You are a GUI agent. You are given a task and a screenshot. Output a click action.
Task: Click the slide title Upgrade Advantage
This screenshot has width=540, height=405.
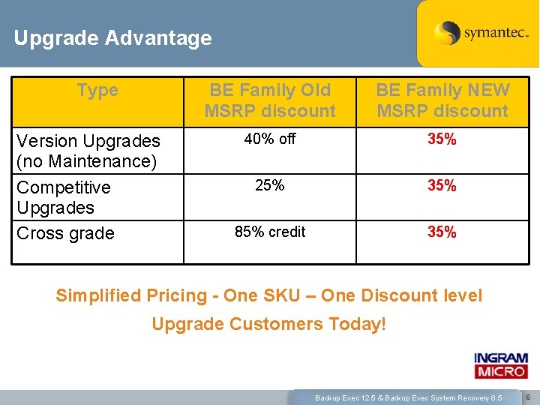pyautogui.click(x=112, y=37)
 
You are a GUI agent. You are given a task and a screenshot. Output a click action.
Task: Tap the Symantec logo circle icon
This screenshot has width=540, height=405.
pyautogui.click(x=447, y=33)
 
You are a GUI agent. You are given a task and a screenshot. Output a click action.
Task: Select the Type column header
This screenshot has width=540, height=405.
pyautogui.click(x=97, y=91)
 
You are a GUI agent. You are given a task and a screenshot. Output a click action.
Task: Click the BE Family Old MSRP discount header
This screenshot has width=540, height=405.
pyautogui.click(x=270, y=100)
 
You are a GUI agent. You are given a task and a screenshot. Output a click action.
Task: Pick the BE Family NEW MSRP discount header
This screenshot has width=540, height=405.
pyautogui.click(x=442, y=100)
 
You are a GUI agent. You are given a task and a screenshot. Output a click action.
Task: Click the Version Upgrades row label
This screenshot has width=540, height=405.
pyautogui.click(x=88, y=151)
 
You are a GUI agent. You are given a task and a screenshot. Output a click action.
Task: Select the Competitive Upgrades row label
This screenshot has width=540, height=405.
pyautogui.click(x=64, y=197)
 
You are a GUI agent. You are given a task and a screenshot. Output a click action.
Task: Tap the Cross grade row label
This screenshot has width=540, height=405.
pyautogui.click(x=65, y=233)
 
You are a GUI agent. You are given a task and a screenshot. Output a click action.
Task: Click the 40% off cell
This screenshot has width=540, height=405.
pyautogui.click(x=270, y=139)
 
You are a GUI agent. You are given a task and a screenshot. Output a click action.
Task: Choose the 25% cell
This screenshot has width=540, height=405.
pyautogui.click(x=270, y=185)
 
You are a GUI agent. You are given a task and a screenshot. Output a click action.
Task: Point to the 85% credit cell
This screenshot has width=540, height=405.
pyautogui.click(x=270, y=232)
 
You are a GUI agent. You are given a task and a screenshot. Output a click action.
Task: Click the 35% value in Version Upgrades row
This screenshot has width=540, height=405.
pyautogui.click(x=442, y=139)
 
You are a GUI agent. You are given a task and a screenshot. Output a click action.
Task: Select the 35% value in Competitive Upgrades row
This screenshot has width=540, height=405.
pyautogui.click(x=442, y=186)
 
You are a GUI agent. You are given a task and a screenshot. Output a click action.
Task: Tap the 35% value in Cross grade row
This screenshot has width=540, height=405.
pyautogui.click(x=442, y=232)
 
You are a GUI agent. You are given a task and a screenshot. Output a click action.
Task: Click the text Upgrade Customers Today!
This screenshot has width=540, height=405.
pyautogui.click(x=269, y=324)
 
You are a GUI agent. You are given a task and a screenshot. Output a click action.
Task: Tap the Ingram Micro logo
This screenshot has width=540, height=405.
pyautogui.click(x=500, y=366)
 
